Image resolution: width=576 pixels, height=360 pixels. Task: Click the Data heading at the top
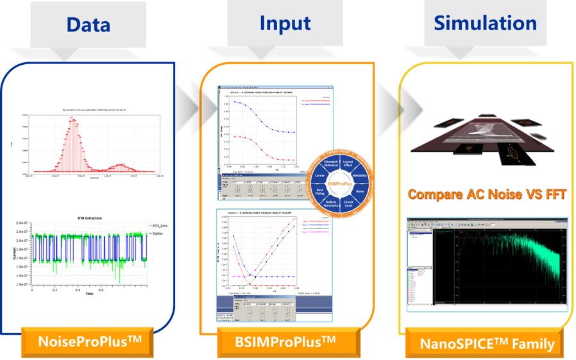88,24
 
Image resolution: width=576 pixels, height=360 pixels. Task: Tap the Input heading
285,23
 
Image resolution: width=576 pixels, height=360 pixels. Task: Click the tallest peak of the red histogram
74,119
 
